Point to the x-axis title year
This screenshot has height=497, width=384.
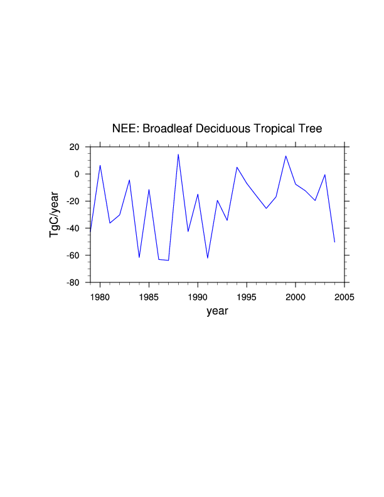(217, 311)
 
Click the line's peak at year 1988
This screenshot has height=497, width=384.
(178, 154)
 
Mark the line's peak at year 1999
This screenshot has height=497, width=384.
(285, 156)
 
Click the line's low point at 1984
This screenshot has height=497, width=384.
(139, 257)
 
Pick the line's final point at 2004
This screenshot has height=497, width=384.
(334, 242)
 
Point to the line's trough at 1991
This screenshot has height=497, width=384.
(208, 258)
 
